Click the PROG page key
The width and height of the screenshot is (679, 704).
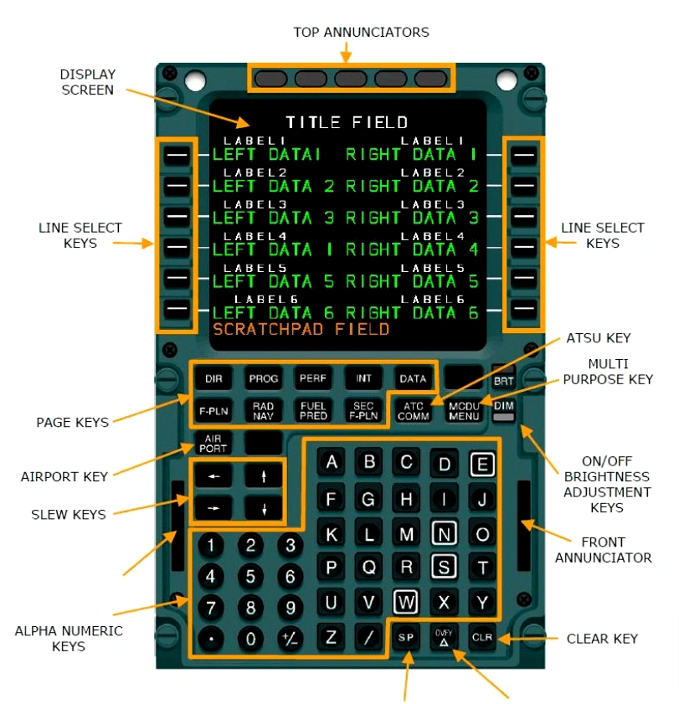pos(264,378)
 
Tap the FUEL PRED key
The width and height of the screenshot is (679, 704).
pos(312,410)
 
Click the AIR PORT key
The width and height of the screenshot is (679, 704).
pos(213,443)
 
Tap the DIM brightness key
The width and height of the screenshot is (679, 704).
pos(503,406)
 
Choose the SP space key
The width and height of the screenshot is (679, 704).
pos(406,637)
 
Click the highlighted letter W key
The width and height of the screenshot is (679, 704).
pos(406,602)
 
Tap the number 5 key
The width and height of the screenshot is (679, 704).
pos(249,577)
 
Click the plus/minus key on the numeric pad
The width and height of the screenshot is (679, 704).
pos(289,640)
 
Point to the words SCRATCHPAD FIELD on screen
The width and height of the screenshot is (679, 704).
pos(301,330)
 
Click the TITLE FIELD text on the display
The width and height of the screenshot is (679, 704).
pos(347,123)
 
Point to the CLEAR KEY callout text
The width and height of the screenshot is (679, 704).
pos(602,639)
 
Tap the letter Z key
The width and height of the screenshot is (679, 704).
pos(332,637)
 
